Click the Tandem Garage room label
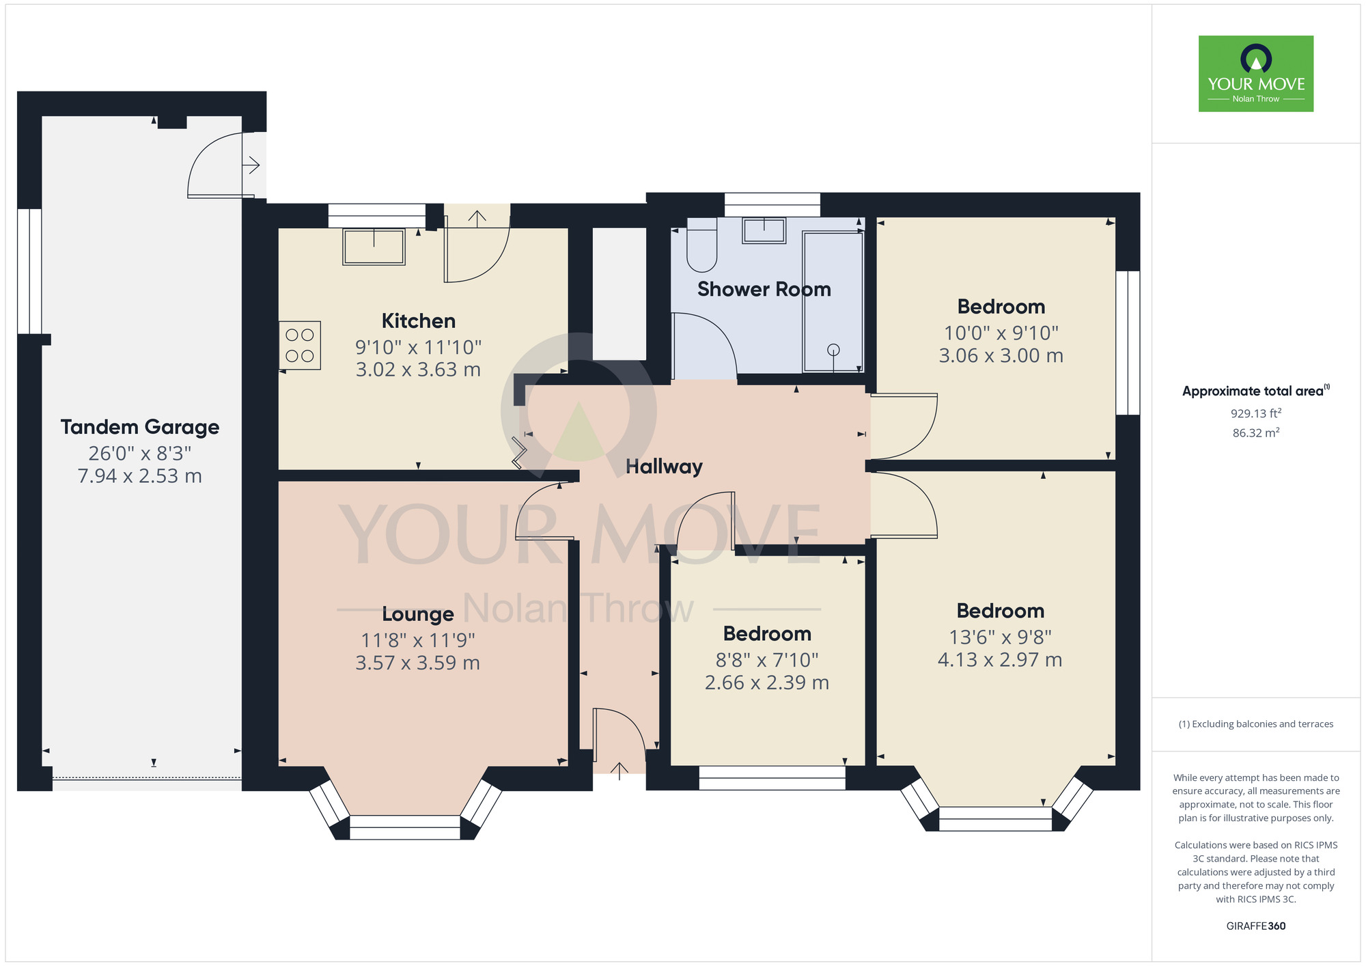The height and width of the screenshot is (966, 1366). click(140, 428)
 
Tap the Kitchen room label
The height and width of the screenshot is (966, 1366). click(418, 320)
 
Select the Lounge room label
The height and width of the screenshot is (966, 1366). click(418, 614)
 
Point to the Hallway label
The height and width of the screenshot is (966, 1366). click(664, 467)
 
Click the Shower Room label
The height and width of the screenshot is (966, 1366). click(764, 289)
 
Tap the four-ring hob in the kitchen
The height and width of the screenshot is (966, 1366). click(300, 345)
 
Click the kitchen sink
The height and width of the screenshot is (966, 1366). click(374, 247)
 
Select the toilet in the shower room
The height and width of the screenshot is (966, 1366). click(701, 245)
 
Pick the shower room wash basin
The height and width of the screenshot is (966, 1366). click(764, 230)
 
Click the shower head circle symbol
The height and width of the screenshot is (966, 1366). click(833, 350)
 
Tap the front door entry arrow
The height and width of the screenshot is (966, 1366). click(619, 771)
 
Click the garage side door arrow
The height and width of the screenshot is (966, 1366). click(252, 165)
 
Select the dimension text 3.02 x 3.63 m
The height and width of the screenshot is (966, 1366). click(418, 370)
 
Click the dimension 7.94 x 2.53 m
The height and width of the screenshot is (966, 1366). click(140, 476)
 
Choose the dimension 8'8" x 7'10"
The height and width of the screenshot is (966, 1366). click(767, 660)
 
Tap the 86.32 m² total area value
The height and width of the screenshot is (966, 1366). click(1255, 432)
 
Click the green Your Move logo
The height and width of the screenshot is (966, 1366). click(1256, 74)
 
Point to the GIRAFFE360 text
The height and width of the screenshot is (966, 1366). click(1256, 926)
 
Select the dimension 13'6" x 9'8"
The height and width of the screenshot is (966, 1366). click(1000, 637)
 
